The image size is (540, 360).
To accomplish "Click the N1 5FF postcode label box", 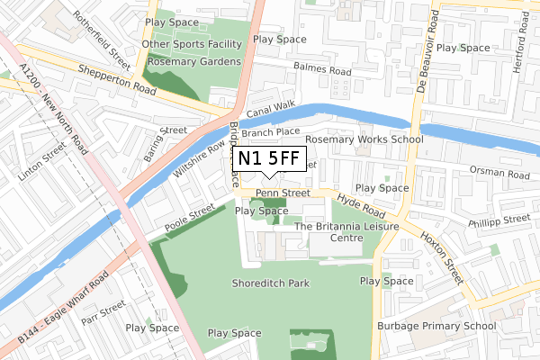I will (x=268, y=158).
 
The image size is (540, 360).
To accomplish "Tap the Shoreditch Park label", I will (x=270, y=283).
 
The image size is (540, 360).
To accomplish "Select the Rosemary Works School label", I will (x=364, y=139).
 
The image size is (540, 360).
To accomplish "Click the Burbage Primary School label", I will (x=436, y=326).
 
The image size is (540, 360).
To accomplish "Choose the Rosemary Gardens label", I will (x=193, y=61).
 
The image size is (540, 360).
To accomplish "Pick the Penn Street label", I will (x=283, y=192).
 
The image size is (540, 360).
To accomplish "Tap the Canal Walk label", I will (x=272, y=110).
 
